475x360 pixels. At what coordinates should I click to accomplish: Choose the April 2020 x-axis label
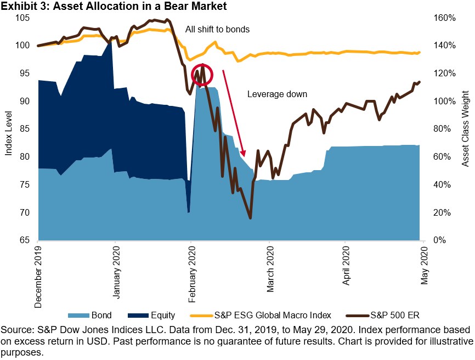click(346, 269)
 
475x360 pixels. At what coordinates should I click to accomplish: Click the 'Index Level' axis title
click(8, 129)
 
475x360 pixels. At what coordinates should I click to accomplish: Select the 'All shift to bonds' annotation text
click(217, 29)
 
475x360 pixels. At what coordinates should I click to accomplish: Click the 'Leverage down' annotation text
click(277, 94)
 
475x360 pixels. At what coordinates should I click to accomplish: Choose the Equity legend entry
click(151, 315)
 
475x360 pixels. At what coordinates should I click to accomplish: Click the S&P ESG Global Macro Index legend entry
click(261, 315)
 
